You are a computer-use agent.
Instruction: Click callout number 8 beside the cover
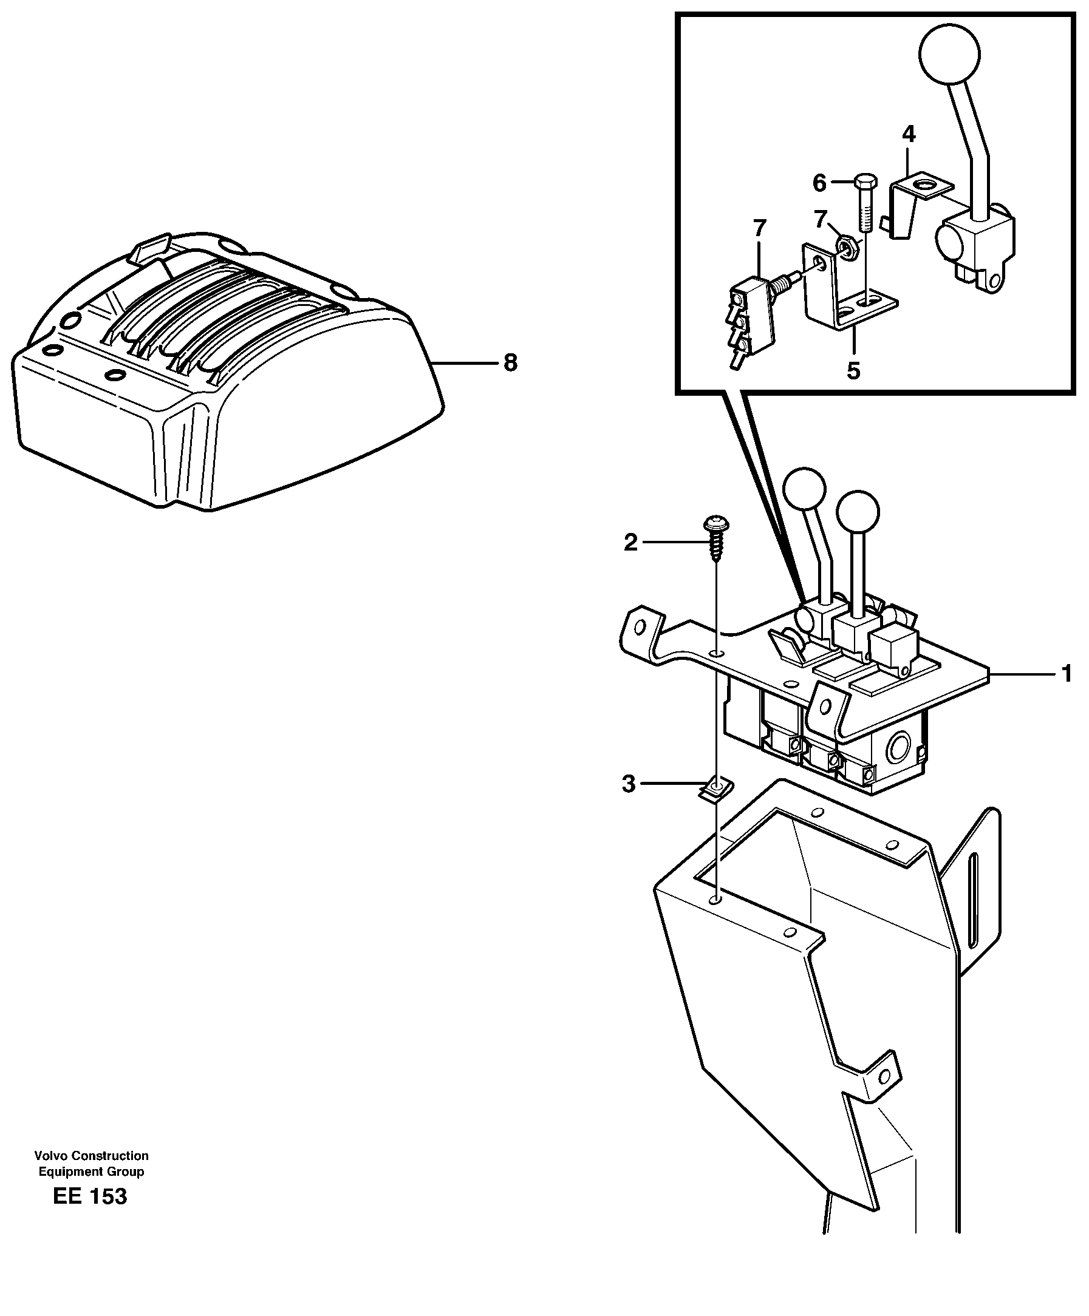[510, 363]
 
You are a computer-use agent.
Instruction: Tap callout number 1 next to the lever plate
[1066, 674]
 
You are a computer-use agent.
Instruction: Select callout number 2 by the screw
[630, 542]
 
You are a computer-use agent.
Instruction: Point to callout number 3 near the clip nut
[628, 783]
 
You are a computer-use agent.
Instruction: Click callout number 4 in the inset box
[908, 134]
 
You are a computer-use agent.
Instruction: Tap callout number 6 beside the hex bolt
[819, 183]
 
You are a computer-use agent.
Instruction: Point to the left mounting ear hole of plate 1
[640, 626]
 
